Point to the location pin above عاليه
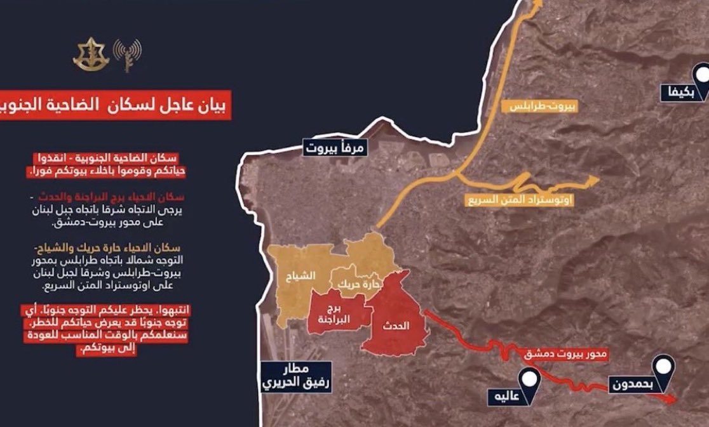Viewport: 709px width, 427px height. pos(530,381)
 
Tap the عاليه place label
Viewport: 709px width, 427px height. pos(506,398)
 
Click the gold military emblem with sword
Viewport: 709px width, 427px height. pos(91,55)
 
